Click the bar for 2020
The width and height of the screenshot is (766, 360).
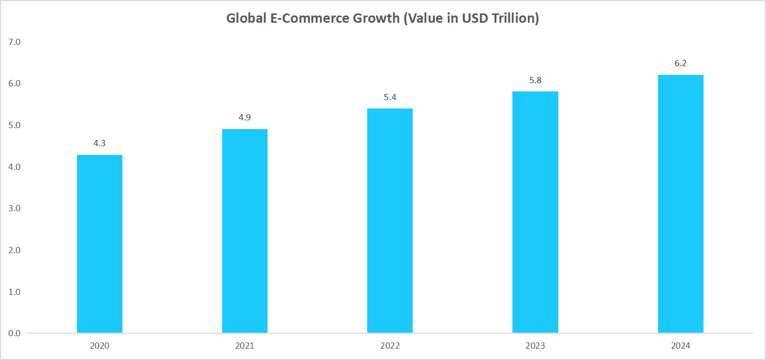pyautogui.click(x=100, y=244)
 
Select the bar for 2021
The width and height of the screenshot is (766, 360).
pyautogui.click(x=245, y=231)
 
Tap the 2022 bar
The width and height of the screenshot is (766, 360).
pyautogui.click(x=390, y=221)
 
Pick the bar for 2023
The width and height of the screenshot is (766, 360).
pyautogui.click(x=535, y=212)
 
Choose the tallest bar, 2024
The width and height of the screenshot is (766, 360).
pyautogui.click(x=680, y=204)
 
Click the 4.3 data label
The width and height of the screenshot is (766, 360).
pyautogui.click(x=100, y=144)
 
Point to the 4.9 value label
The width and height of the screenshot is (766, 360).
pyautogui.click(x=245, y=118)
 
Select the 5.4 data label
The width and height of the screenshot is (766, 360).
pyautogui.click(x=390, y=97)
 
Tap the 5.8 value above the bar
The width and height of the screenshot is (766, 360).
pyautogui.click(x=535, y=80)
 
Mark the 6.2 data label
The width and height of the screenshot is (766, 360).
pyautogui.click(x=680, y=64)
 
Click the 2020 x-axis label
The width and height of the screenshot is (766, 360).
pyautogui.click(x=100, y=346)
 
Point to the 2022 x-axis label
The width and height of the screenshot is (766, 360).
pyautogui.click(x=390, y=346)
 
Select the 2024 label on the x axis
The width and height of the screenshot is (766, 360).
pyautogui.click(x=680, y=346)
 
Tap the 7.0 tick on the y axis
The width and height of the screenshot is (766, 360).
pyautogui.click(x=14, y=42)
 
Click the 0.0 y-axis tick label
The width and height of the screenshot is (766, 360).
pyautogui.click(x=14, y=333)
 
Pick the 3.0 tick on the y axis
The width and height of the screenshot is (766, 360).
pyautogui.click(x=14, y=208)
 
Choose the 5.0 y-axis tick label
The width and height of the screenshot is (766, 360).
pyautogui.click(x=14, y=125)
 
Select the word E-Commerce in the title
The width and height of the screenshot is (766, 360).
pyautogui.click(x=307, y=19)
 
